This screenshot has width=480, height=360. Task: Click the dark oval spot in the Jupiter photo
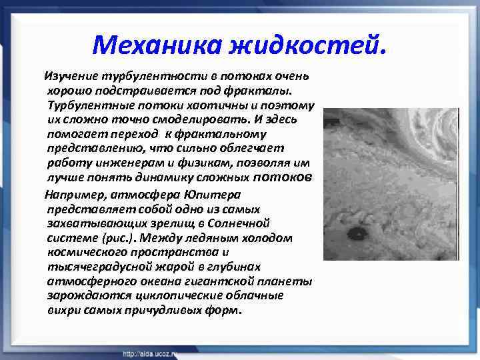355,233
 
